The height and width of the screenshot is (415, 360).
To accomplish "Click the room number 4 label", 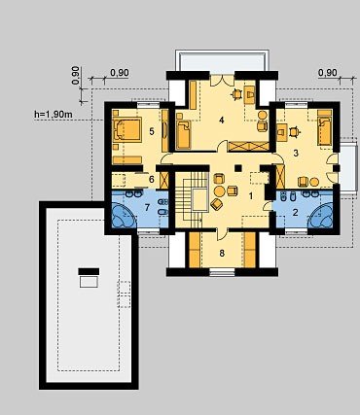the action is pos(222,121).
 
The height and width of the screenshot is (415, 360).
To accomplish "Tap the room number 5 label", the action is pos(152,131).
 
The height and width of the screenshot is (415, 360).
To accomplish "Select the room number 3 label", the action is pos(296,153).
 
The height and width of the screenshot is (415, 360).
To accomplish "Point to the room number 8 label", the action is pos(222,253).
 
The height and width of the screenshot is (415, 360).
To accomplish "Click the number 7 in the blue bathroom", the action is pos(147,208).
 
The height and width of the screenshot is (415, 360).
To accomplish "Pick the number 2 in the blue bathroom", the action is pos(295,213).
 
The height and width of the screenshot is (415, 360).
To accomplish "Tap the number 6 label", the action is pos(152,179).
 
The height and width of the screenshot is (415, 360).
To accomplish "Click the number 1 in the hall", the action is pos(251,196).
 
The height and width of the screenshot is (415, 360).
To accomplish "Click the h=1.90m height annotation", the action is pos(54,114).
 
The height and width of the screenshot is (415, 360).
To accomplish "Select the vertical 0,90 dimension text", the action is pos(75,75).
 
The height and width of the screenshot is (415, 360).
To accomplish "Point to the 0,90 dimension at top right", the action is pos(328,73).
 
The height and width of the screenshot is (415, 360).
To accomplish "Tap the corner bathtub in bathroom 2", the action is pos(322,215).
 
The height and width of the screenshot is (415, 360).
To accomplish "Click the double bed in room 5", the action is pos(126,129).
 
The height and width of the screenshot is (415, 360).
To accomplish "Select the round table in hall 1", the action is pos(220,191).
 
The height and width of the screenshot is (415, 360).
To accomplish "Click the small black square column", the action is pos(238,168).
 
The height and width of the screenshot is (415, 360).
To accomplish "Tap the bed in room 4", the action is pos(184,134).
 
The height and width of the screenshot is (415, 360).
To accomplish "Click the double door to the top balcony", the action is pos(222,81).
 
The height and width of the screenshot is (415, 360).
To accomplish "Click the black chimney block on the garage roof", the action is pos(89,271).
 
